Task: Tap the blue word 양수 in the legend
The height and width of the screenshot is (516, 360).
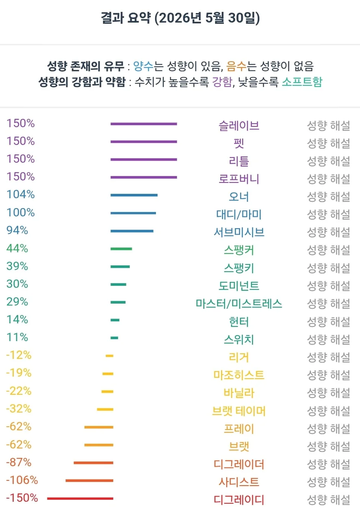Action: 143,66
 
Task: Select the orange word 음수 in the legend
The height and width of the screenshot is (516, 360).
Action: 236,66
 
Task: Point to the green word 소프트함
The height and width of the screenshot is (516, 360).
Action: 302,82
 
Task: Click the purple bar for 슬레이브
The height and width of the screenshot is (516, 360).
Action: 144,124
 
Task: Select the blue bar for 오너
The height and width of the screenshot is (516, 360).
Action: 134,195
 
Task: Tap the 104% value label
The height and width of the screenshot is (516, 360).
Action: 21,195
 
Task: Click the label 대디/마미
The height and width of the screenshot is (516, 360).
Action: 239,215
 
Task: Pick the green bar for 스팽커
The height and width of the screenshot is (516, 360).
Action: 121,249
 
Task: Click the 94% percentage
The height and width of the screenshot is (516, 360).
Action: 17,230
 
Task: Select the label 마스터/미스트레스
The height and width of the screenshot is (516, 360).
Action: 239,304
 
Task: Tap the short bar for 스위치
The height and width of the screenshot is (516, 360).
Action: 115,338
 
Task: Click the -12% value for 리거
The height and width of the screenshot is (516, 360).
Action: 19,355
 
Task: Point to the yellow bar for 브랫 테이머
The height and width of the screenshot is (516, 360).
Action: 105,409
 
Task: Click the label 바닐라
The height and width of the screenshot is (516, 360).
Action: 239,393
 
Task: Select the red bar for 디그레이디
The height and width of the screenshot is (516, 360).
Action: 80,499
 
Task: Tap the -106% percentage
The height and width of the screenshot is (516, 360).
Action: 22,480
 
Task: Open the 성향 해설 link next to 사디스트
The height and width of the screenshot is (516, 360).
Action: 329,482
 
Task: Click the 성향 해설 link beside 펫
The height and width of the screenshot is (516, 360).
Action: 329,143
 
